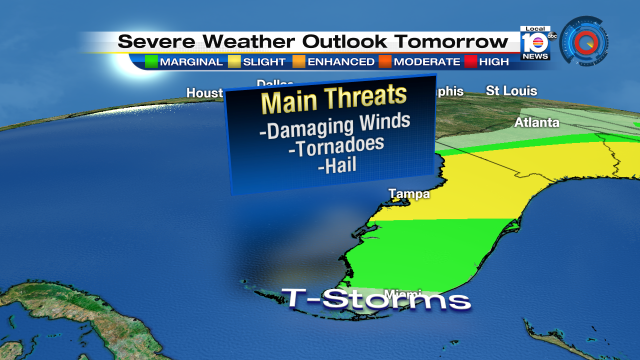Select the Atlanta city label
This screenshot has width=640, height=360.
tap(536, 124)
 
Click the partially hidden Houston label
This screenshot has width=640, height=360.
tap(205, 94)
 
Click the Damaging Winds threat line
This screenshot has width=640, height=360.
tap(334, 127)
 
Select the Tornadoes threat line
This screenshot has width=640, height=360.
tap(334, 147)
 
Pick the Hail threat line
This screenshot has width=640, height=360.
tap(334, 167)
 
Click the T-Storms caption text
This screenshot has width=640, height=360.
tap(376, 299)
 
